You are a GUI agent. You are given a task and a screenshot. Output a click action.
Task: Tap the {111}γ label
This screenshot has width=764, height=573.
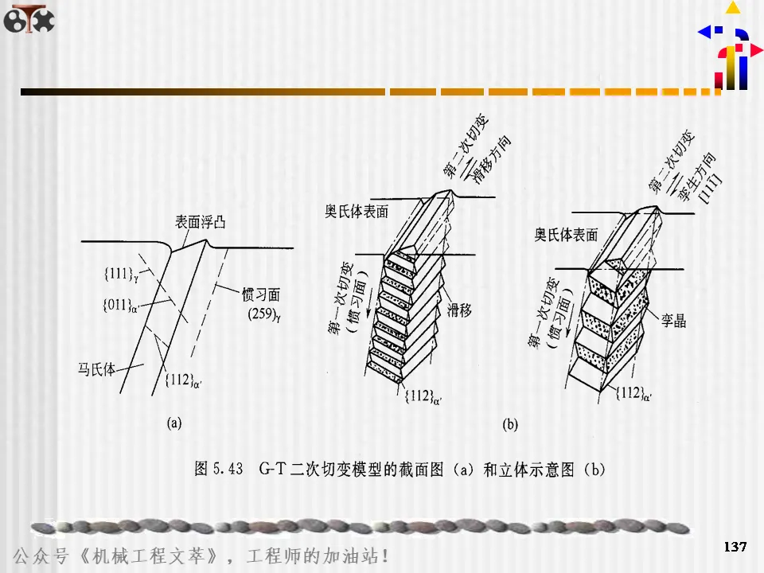[x=122, y=275]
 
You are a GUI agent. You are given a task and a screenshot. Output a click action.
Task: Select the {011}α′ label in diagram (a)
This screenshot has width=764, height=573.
[x=121, y=305]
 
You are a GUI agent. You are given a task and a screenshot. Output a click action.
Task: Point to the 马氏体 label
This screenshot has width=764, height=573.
[x=96, y=369]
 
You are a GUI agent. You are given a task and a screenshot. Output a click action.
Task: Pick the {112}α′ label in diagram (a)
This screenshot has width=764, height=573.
[x=184, y=380]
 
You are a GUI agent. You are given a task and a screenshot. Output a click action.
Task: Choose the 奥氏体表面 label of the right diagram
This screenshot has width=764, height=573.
[x=566, y=235]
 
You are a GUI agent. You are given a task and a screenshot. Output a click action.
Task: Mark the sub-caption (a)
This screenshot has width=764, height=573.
[x=174, y=423]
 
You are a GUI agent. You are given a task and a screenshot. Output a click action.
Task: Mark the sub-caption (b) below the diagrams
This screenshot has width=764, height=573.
[x=510, y=425]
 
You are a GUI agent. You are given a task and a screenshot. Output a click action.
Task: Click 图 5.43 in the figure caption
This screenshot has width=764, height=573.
[x=219, y=470]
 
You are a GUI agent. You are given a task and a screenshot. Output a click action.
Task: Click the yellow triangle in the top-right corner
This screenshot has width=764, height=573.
[x=732, y=8]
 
